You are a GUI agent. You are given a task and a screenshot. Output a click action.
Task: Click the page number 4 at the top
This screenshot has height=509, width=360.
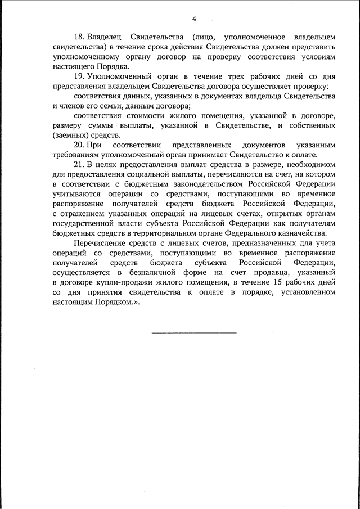coord(194,19)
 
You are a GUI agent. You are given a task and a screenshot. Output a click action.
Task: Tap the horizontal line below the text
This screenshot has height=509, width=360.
coord(193,332)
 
